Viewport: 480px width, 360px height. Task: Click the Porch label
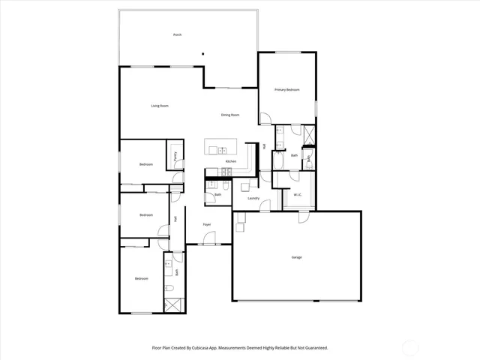pyautogui.click(x=177, y=35)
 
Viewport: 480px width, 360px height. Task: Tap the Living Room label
pyautogui.click(x=159, y=106)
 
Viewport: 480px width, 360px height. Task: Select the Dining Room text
pyautogui.click(x=229, y=115)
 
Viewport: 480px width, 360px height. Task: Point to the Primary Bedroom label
pyautogui.click(x=286, y=90)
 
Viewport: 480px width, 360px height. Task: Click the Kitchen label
pyautogui.click(x=231, y=162)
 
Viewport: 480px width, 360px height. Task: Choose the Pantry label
pyautogui.click(x=175, y=157)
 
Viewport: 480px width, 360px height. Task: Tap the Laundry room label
pyautogui.click(x=253, y=198)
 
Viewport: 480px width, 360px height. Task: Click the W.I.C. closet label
pyautogui.click(x=298, y=196)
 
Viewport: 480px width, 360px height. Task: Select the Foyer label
pyautogui.click(x=206, y=224)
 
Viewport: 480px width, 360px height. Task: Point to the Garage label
pyautogui.click(x=296, y=257)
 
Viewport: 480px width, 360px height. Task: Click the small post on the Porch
pyautogui.click(x=204, y=53)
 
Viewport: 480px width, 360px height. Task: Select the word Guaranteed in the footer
pyautogui.click(x=314, y=347)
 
